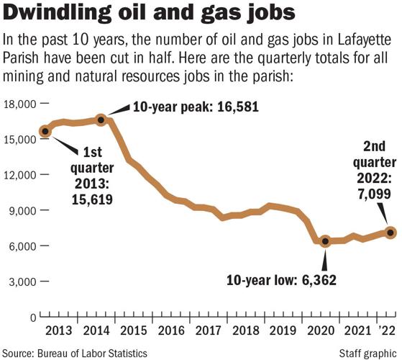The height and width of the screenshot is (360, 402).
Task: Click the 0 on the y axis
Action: coord(33,318)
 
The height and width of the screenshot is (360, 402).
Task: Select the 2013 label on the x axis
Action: coord(58,330)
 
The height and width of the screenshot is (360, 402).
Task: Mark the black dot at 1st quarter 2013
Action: coord(45,131)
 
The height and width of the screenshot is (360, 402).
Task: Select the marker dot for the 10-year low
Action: coord(325,242)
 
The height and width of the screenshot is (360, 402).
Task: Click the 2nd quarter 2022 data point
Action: coord(390,233)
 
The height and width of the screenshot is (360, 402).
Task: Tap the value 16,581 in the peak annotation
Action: coord(232,109)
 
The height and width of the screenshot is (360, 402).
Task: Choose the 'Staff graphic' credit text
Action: coord(366,353)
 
